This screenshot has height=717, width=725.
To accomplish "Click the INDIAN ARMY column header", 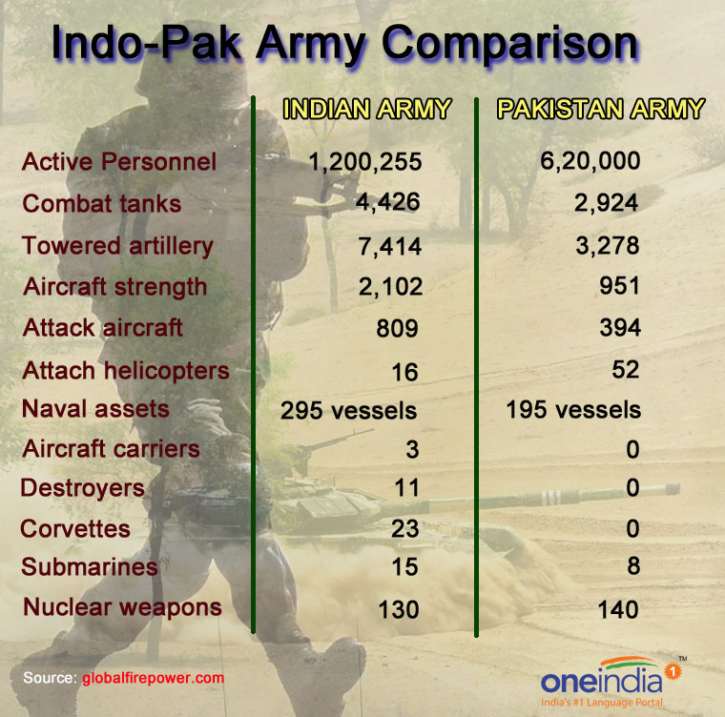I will click(367, 110).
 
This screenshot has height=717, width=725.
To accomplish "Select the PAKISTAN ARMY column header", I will click(601, 110).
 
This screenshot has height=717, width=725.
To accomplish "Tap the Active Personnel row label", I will click(119, 162).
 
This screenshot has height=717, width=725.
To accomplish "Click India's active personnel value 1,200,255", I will click(365, 162).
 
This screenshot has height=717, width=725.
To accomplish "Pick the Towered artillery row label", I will click(117, 246).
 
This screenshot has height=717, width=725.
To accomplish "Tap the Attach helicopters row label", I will click(126, 370).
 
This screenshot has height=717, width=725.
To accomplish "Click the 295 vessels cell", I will click(349, 411).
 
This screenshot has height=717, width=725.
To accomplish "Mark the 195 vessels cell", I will click(573, 411).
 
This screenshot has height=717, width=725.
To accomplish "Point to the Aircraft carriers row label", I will click(112, 449).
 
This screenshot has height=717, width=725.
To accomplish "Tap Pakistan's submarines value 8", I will click(631, 566).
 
